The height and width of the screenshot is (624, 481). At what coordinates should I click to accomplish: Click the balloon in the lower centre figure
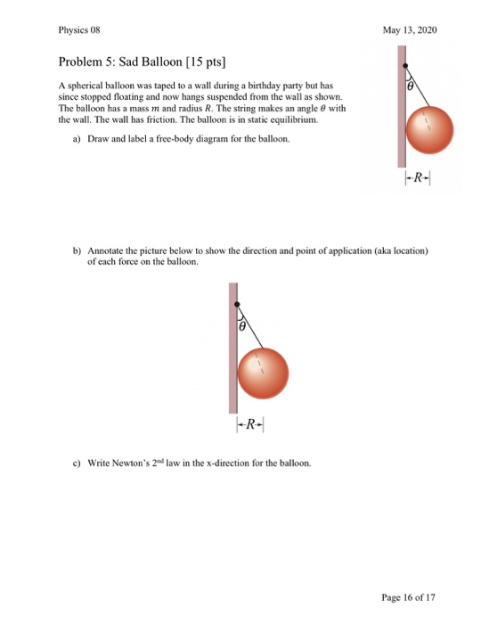tap(263, 368)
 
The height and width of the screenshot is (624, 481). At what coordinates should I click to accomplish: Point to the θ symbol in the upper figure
tap(410, 87)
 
